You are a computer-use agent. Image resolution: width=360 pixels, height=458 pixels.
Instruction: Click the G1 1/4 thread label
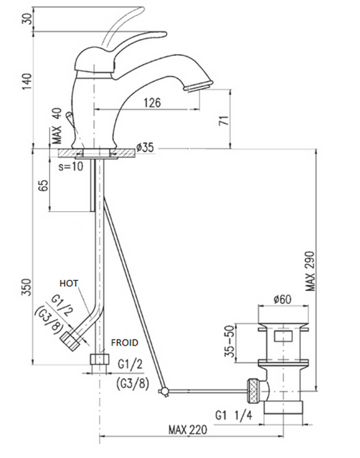click(x=235, y=414)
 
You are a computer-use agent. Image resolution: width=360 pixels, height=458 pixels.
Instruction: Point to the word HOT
click(x=70, y=282)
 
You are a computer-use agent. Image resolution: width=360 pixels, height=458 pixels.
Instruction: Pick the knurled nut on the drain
click(x=253, y=388)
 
